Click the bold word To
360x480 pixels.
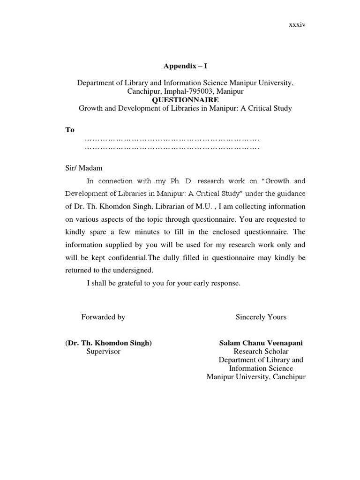click(x=69, y=130)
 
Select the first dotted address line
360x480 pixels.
click(x=172, y=139)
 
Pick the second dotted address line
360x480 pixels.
click(x=172, y=148)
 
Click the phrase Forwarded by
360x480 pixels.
click(x=103, y=317)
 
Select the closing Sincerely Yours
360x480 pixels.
click(x=261, y=317)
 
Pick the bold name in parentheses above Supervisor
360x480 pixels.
click(x=108, y=343)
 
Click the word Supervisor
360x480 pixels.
click(x=103, y=351)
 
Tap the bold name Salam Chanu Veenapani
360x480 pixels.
click(x=261, y=343)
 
